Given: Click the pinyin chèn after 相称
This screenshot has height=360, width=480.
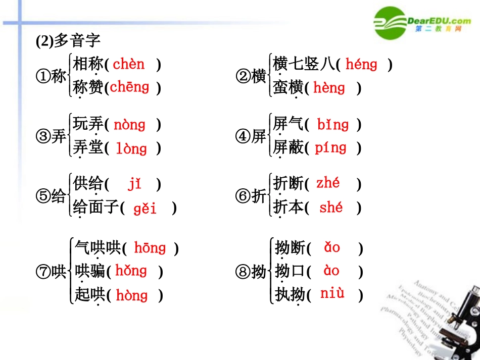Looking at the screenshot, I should click(128, 65).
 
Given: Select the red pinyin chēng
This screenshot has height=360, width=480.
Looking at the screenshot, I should click(129, 87).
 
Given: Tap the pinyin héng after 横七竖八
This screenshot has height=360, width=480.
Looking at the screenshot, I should click(361, 65).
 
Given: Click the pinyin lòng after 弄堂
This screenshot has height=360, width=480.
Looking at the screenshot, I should click(131, 148).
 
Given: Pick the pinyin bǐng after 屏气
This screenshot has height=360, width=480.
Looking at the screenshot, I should click(333, 125).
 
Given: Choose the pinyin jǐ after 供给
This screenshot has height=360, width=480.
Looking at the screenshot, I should click(134, 184).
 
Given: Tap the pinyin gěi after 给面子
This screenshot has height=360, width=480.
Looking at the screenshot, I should click(145, 208).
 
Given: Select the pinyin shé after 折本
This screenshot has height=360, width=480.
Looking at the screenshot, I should click(331, 208).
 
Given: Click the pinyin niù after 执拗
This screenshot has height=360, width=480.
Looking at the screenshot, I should click(332, 293).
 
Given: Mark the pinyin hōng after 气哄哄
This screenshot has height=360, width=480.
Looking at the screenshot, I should click(150, 248).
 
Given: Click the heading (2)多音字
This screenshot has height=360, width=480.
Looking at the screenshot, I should click(68, 41).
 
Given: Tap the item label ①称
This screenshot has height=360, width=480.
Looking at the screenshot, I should click(51, 77).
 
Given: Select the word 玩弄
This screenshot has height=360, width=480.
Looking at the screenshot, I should click(88, 124).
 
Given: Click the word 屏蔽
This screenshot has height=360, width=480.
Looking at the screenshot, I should click(288, 148).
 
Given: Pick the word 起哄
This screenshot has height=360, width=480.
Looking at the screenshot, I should click(89, 294).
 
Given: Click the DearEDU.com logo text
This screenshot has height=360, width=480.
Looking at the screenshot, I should click(439, 21).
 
